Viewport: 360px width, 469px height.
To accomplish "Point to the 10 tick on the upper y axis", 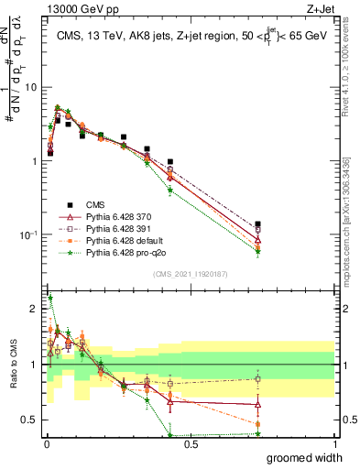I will click(x=32, y=87).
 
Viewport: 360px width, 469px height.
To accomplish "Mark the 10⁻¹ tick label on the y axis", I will click(x=29, y=234).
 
